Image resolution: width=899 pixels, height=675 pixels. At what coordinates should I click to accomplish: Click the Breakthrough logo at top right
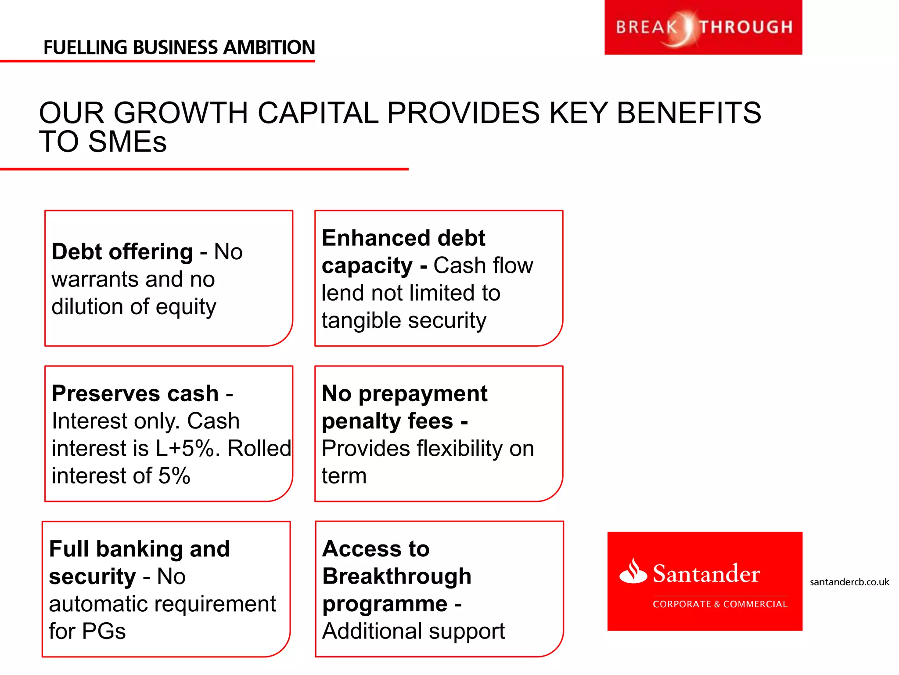point(703,27)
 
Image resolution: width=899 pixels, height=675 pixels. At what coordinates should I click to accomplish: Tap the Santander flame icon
point(633,571)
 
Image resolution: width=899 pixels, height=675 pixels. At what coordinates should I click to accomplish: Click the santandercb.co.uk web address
point(849,582)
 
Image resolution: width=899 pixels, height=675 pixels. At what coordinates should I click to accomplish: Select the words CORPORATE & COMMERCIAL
point(720,604)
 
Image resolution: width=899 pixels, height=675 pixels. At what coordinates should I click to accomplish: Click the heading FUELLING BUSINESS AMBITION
point(179,47)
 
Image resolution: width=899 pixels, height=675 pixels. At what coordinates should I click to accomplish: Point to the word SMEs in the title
point(127,142)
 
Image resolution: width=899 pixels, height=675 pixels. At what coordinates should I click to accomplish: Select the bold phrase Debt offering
point(122,252)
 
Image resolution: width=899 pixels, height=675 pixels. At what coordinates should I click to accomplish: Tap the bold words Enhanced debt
point(403,238)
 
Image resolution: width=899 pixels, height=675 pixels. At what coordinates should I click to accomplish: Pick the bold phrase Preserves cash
point(135,393)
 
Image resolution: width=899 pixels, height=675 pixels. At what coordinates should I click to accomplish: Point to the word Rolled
point(259,449)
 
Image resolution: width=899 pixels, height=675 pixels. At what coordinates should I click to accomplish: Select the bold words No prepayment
point(404,393)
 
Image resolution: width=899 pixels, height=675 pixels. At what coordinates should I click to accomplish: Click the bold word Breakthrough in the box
point(397,576)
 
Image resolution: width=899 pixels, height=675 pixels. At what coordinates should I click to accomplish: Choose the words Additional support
point(413,631)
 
